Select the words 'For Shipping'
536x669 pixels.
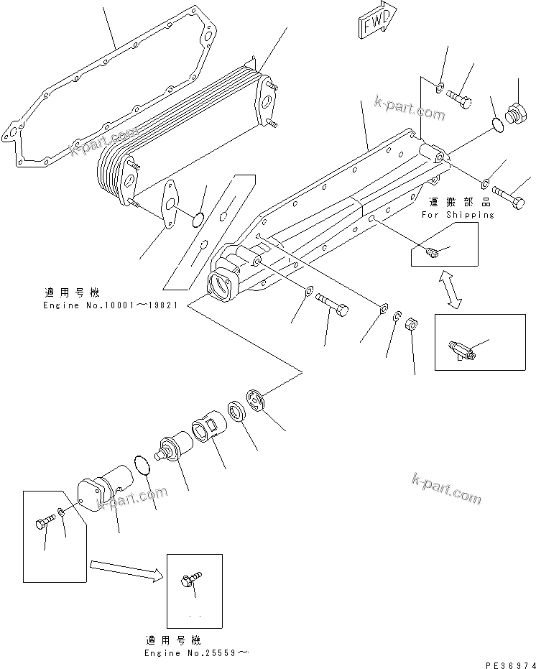coord(458,214)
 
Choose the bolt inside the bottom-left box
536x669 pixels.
coord(44,522)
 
